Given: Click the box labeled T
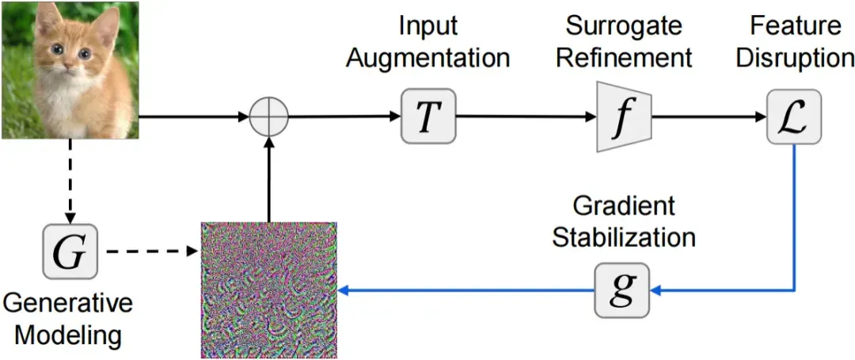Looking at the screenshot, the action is click(428, 116).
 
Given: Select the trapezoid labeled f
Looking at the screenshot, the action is click(625, 116).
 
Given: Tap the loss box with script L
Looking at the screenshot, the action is click(793, 116).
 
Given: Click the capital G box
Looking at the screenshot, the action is click(70, 251).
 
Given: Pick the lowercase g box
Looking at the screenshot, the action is click(621, 290).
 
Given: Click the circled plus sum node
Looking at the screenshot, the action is click(269, 116).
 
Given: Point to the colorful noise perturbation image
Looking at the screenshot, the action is click(269, 290).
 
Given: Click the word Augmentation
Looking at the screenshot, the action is click(427, 57).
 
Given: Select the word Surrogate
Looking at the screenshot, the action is click(625, 25).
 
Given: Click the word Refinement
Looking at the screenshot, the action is click(625, 57).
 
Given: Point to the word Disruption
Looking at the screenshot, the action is click(794, 57).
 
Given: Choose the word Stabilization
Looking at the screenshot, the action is click(624, 238).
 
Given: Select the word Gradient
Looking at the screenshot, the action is click(624, 207).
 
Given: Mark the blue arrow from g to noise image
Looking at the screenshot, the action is click(466, 291).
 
